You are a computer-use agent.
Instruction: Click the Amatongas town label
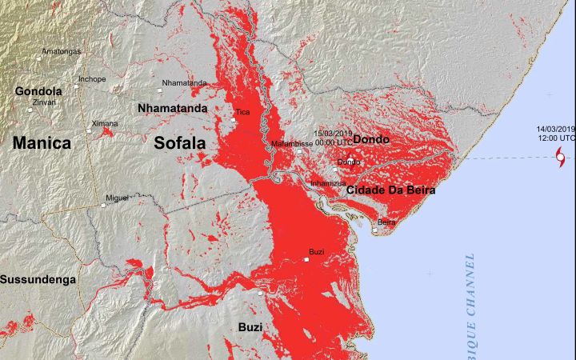62,51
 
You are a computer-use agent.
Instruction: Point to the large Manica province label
41,143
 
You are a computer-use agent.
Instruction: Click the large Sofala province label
179,143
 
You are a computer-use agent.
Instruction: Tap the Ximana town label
104,123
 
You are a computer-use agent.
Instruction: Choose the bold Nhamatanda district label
172,107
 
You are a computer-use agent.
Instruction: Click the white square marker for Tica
234,120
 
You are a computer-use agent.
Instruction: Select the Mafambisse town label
292,144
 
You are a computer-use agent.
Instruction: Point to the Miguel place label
117,197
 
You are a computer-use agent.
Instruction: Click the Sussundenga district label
38,279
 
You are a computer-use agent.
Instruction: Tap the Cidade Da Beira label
390,190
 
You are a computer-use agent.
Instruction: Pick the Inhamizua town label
328,183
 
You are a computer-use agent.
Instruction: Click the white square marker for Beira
376,232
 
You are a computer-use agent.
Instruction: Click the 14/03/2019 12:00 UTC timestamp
555,133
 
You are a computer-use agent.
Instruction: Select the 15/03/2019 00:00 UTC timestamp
332,137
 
